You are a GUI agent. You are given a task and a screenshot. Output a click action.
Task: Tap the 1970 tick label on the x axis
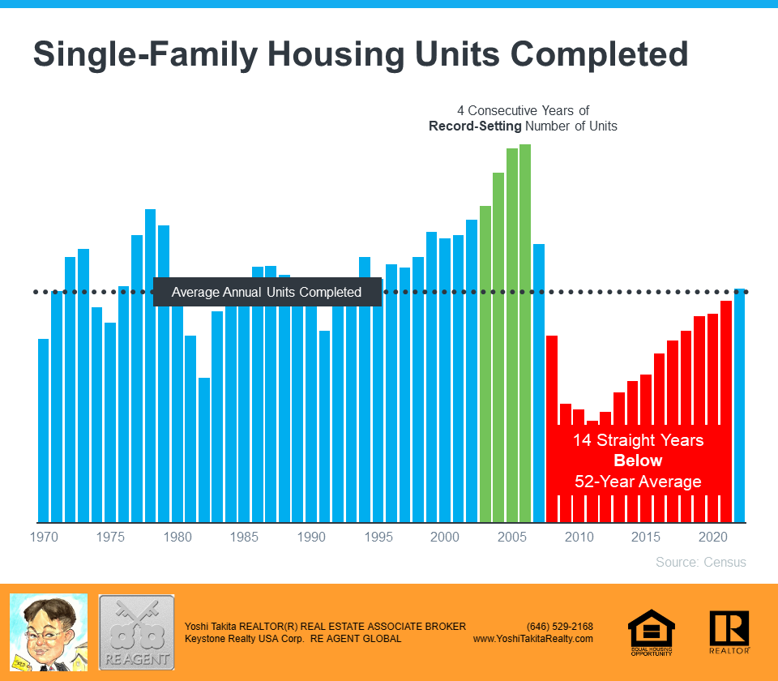click(44, 537)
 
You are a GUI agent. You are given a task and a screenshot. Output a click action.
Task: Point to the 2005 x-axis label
click(511, 537)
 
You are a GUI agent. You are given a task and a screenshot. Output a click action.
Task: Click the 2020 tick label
click(713, 537)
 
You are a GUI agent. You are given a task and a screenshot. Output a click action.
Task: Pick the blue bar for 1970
click(44, 430)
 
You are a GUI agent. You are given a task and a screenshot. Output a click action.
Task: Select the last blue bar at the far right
click(739, 405)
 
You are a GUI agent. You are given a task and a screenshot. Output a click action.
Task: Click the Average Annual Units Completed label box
click(267, 292)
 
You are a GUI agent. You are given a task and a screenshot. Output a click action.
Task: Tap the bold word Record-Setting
click(475, 126)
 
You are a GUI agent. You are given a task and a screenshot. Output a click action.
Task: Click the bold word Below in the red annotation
click(638, 460)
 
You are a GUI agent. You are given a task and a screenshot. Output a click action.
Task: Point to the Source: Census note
click(700, 562)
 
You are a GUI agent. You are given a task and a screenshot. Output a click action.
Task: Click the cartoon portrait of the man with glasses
click(48, 632)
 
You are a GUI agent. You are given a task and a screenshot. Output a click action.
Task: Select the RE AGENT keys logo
click(136, 632)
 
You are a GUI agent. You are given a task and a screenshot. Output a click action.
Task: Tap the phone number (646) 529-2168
click(560, 627)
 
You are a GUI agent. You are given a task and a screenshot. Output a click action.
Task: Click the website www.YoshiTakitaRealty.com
click(533, 639)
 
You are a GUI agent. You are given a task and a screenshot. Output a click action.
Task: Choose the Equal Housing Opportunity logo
click(652, 632)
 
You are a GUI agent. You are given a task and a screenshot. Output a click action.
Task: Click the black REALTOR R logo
click(729, 632)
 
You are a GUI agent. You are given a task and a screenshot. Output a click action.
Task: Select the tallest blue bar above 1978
click(150, 365)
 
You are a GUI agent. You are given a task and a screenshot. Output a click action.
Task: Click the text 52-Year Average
click(638, 482)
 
